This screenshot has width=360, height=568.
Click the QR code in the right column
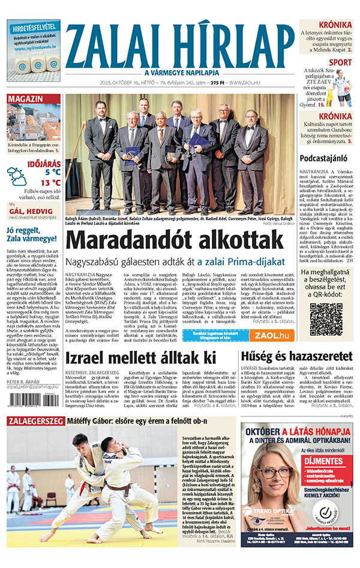(x=326, y=320)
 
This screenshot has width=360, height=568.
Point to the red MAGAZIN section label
(x=25, y=99)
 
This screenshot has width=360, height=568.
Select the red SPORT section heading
(x=341, y=62)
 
